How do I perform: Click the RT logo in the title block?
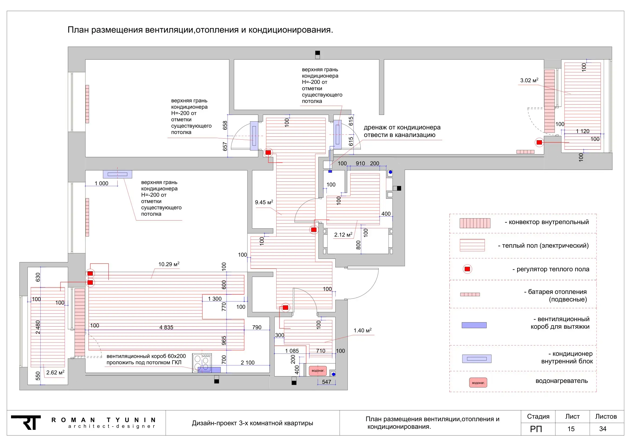point(26,422)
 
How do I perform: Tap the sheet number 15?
point(571,429)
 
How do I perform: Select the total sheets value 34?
point(603,429)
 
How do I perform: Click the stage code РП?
point(536,429)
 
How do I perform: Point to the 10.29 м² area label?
point(169,264)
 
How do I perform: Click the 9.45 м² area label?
point(264,202)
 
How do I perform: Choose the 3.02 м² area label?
point(529,80)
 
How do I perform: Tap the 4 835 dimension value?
point(166,327)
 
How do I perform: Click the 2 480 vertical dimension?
point(38,327)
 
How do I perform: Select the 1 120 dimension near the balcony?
point(583,131)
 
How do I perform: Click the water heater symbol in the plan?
point(318,371)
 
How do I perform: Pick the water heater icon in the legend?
point(478,383)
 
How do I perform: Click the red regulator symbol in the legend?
point(467,269)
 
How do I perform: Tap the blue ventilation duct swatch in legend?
point(474,325)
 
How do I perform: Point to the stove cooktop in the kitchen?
point(202,363)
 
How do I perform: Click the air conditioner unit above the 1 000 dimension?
point(117,174)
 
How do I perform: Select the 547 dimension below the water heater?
point(326,382)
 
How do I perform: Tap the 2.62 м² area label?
point(55,372)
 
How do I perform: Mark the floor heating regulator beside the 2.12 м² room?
point(313,229)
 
